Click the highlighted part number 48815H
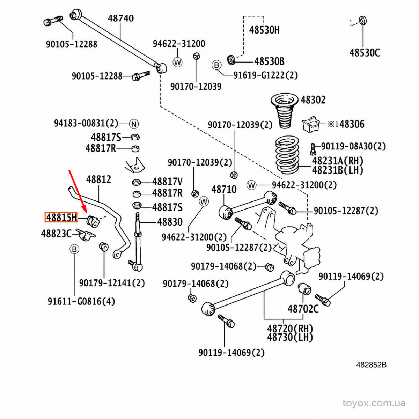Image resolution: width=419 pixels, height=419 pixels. click(61, 217)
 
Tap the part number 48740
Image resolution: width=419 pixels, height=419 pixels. click(121, 18)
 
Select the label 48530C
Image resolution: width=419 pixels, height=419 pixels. click(365, 53)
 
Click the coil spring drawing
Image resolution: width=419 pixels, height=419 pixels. click(287, 155)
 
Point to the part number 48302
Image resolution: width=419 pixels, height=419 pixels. click(313, 100)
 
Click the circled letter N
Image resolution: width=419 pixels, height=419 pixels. click(134, 124)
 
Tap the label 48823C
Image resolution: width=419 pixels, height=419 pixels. click(56, 234)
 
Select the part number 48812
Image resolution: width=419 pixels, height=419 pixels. click(99, 179)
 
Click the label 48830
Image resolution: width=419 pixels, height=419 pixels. click(170, 222)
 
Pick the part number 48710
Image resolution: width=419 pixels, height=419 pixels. click(224, 189)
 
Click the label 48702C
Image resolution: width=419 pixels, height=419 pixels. click(303, 309)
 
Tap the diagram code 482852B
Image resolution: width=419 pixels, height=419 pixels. click(372, 365)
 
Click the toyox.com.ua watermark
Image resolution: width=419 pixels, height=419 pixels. click(374, 403)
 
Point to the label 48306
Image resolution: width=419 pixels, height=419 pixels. click(352, 124)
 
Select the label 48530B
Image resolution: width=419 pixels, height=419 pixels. click(270, 61)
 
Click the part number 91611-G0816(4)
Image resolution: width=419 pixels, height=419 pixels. click(81, 302)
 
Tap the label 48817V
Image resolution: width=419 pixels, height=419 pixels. click(167, 182)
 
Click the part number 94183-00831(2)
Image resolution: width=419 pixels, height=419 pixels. click(86, 124)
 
